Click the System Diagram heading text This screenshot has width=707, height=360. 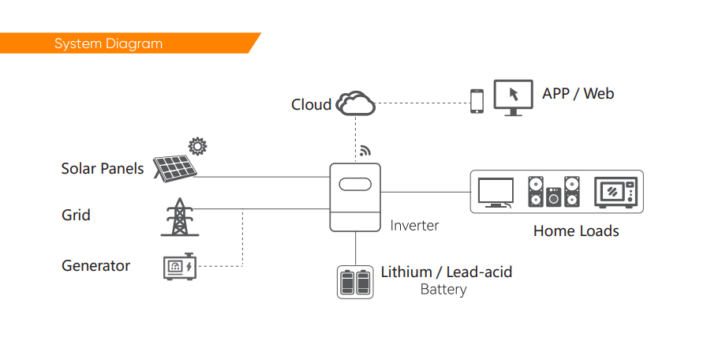(108, 43)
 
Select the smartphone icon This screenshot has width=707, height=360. (477, 101)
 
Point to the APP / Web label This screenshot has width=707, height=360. (578, 93)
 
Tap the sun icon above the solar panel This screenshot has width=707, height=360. (197, 146)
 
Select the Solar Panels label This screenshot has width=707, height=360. (103, 168)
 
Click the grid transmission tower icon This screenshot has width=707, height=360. (180, 217)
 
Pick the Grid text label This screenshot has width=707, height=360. (76, 215)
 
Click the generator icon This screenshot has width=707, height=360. (180, 267)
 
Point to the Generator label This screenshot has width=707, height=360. (95, 265)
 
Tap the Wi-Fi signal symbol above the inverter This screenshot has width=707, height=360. (365, 151)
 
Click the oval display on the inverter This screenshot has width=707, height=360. (355, 184)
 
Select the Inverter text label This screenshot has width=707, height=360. (414, 225)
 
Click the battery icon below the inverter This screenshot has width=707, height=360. (355, 282)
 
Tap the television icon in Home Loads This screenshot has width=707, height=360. (496, 193)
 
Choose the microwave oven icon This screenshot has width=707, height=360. (615, 192)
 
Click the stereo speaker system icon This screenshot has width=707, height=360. (554, 192)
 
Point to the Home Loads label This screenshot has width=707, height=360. (576, 231)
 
